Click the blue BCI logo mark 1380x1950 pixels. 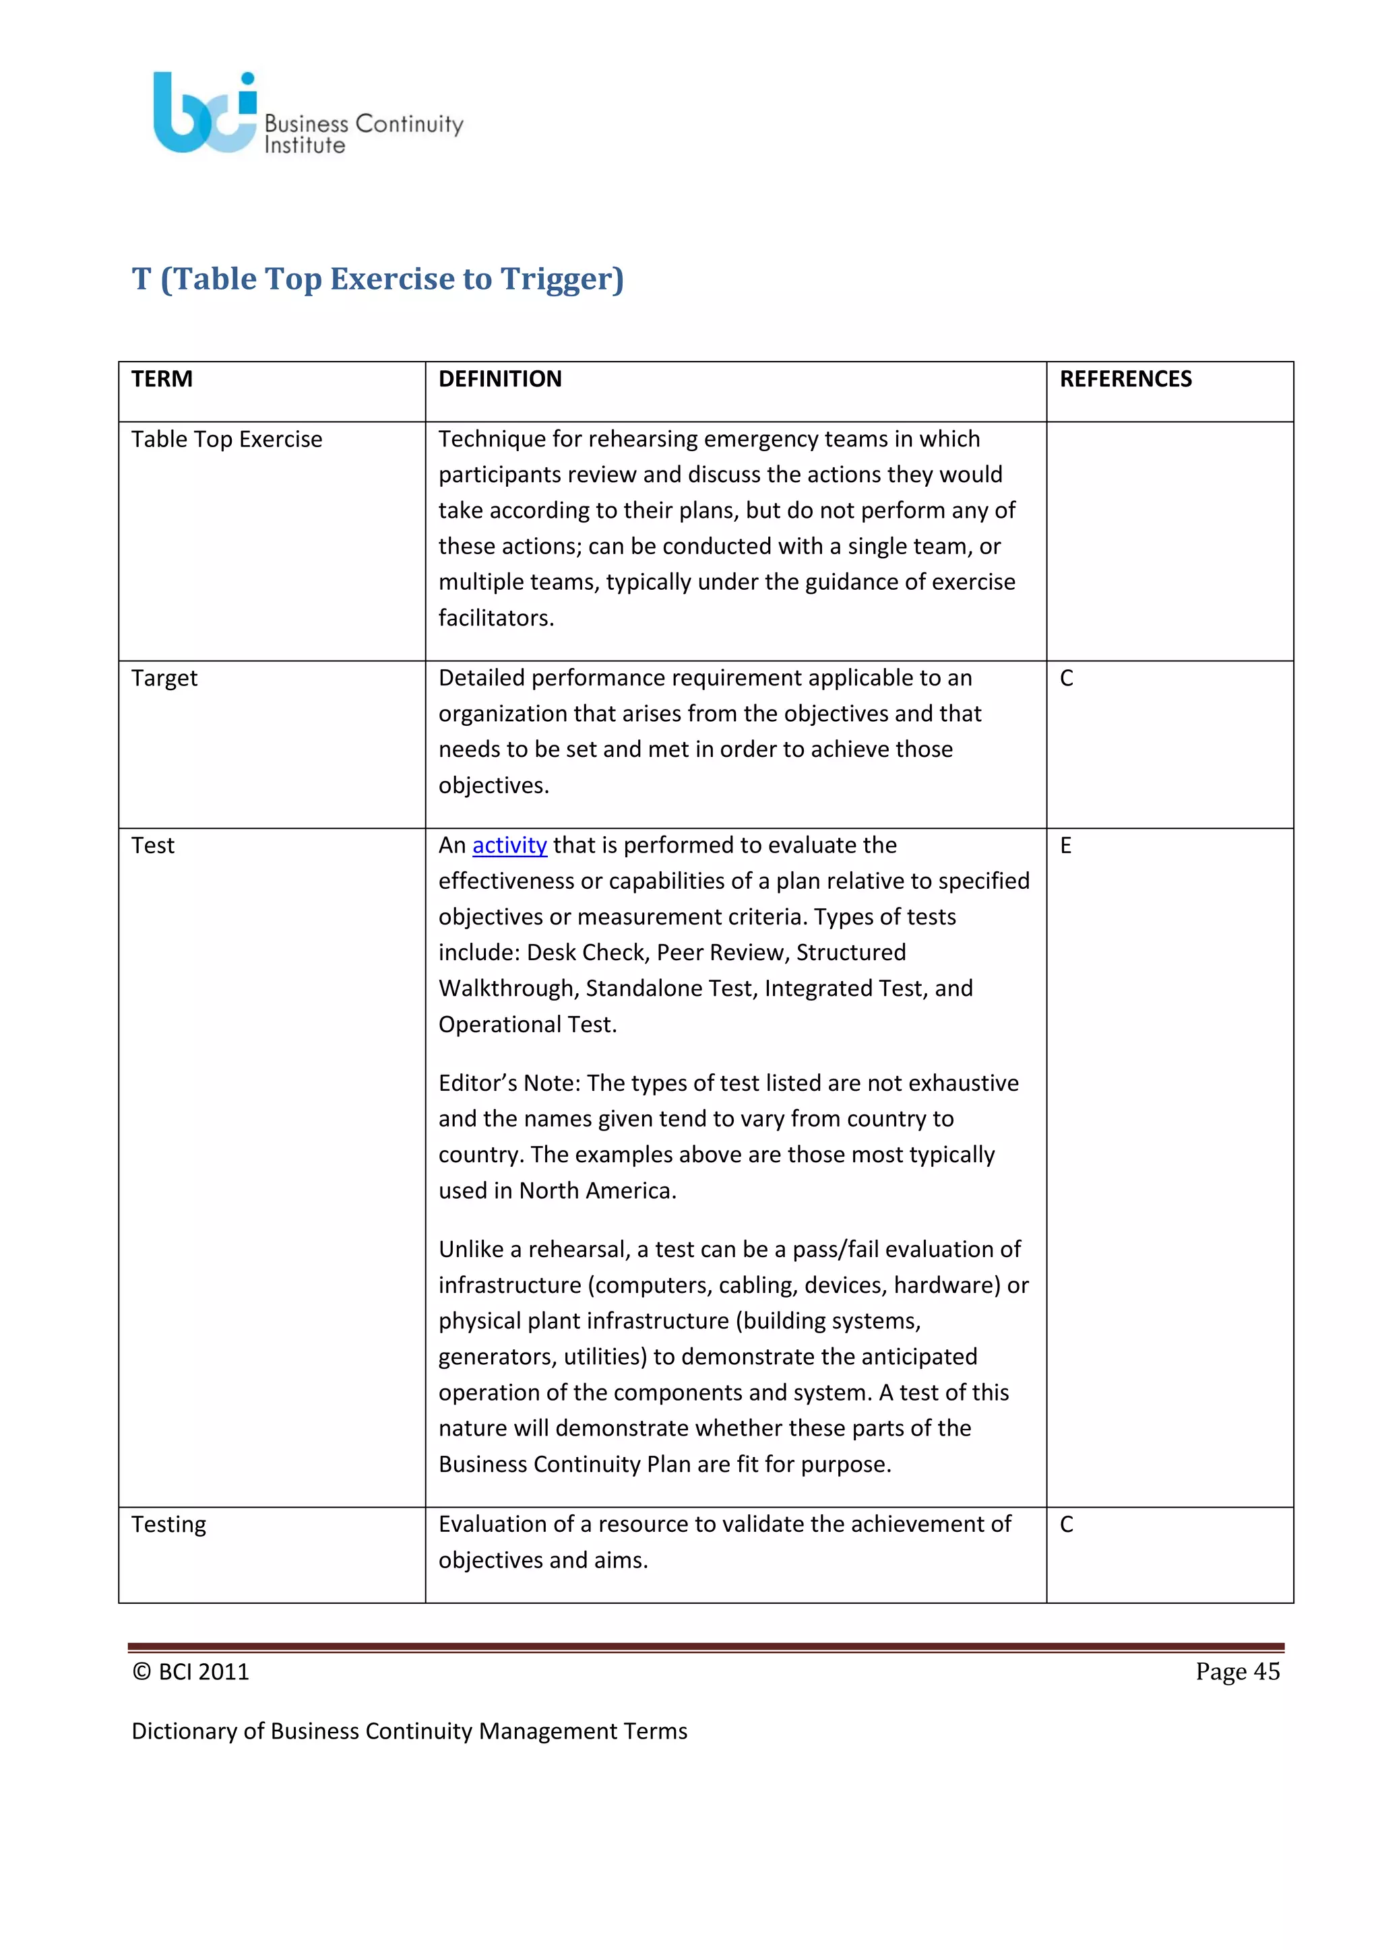pyautogui.click(x=202, y=114)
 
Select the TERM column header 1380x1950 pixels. pyautogui.click(x=162, y=379)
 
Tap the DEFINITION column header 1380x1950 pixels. pyautogui.click(x=500, y=379)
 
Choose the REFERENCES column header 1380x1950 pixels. pyautogui.click(x=1125, y=379)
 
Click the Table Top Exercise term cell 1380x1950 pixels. pyautogui.click(x=227, y=439)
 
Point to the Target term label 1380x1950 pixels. pyautogui.click(x=164, y=678)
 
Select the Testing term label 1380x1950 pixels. pyautogui.click(x=168, y=1524)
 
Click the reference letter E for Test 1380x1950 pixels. pyautogui.click(x=1065, y=845)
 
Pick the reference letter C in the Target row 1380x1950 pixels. pyautogui.click(x=1067, y=678)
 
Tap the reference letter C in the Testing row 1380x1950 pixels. pyautogui.click(x=1067, y=1524)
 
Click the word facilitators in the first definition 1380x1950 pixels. pyautogui.click(x=495, y=618)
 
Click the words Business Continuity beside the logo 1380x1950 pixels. pyautogui.click(x=364, y=124)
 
